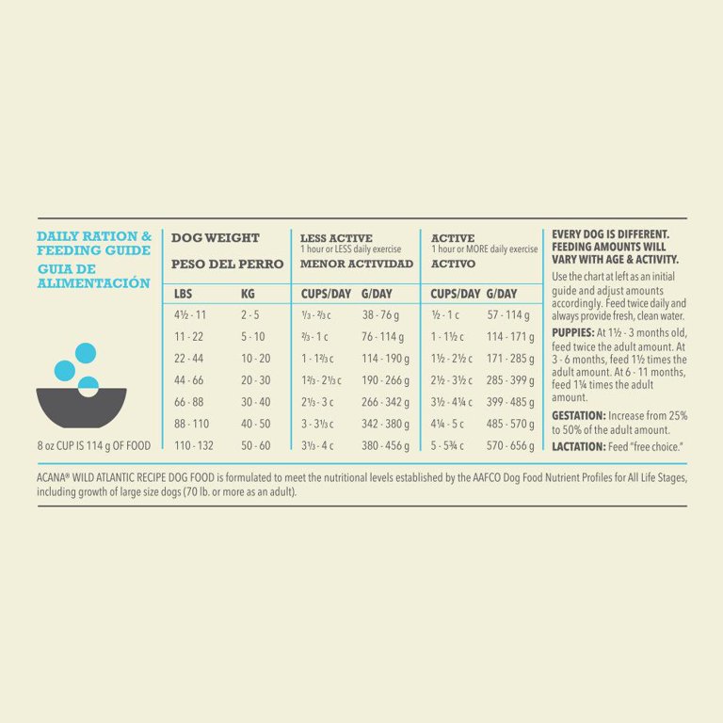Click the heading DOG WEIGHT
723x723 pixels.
pos(215,238)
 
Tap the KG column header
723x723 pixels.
pos(248,294)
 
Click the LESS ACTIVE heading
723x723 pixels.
pos(336,238)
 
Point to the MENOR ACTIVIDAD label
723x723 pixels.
pos(357,265)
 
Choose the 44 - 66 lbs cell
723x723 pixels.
pos(188,380)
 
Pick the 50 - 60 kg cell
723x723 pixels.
pos(255,445)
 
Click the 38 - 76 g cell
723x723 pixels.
pos(380,315)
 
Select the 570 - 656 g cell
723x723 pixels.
pos(509,445)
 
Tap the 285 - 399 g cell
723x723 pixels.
pos(509,380)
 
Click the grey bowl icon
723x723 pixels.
pos(81,407)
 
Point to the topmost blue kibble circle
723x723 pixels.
pos(86,353)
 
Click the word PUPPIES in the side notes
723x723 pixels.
pos(572,333)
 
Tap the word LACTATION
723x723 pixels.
pos(578,445)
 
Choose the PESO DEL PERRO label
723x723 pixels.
pos(227,265)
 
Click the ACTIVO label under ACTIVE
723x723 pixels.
pos(453,265)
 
